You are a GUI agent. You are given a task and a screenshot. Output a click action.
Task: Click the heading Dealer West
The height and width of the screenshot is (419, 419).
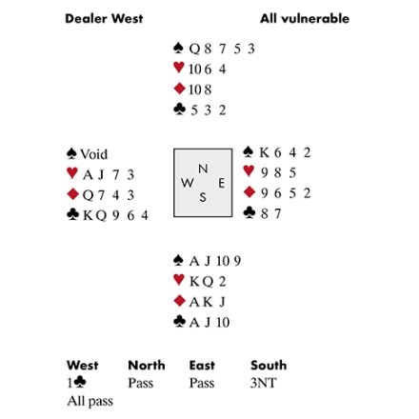coord(104,18)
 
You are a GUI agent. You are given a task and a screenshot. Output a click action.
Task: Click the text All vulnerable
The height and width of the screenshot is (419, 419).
coord(305,18)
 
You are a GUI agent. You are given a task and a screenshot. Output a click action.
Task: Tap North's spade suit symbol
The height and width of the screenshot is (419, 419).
coord(179,48)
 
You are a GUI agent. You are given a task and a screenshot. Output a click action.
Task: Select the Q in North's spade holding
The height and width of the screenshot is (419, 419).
coord(194,49)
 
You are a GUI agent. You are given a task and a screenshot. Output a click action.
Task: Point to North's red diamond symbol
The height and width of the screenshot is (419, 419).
coord(179,89)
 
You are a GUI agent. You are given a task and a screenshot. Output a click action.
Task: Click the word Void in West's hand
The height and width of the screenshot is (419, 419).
coord(94,154)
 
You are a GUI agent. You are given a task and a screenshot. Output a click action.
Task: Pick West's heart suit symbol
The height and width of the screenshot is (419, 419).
coord(72,173)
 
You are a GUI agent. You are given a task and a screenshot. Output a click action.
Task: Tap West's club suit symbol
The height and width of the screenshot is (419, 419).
coord(72,214)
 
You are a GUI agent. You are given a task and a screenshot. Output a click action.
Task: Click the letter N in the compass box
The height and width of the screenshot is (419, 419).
coord(203,169)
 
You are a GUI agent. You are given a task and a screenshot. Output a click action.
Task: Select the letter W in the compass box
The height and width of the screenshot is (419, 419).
coord(188,183)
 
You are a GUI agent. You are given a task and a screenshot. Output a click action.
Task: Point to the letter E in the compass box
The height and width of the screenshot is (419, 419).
coord(221,183)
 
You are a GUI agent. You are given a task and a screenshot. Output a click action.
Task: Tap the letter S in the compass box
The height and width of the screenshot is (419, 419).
coord(203,197)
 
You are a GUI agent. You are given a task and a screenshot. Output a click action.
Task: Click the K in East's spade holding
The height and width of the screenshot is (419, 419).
coord(264,152)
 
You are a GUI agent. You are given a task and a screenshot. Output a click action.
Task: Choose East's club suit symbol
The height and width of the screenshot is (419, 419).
coord(249,212)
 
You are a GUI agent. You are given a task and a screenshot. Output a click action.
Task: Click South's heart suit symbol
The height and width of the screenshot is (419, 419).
coord(179,280)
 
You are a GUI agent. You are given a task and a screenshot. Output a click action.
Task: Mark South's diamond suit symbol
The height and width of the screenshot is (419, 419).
coord(179,301)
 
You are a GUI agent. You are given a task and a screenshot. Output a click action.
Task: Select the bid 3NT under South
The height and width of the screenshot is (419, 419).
coord(263,383)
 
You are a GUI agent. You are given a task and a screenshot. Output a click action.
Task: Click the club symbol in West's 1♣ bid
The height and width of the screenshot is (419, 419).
coord(80,382)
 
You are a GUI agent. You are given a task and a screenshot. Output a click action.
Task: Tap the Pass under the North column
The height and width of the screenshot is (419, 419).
coord(141,383)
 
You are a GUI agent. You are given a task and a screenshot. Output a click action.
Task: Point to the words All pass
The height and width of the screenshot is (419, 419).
coord(90,401)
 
